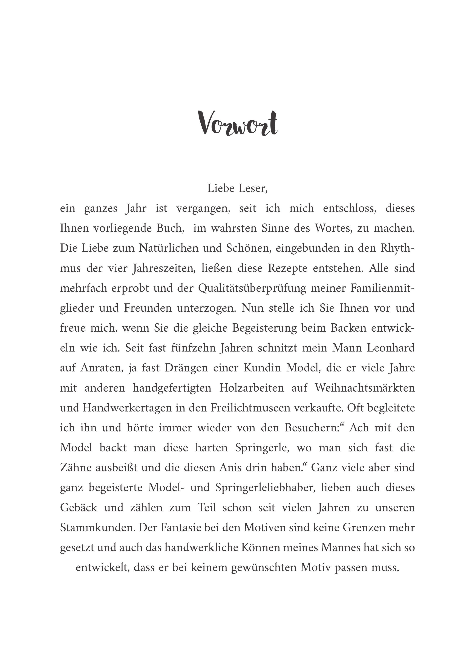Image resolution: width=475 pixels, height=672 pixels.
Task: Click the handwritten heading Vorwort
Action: (237, 124)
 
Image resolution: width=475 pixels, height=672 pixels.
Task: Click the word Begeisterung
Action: (265, 328)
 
